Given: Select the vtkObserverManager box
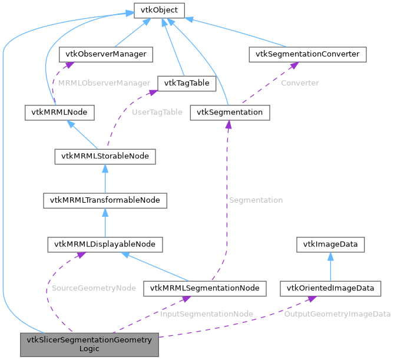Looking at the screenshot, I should [x=107, y=54].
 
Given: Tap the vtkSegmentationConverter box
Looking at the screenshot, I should [x=308, y=54].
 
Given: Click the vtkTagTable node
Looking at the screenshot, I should [x=187, y=83].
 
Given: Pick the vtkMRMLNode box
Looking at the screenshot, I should [x=60, y=112].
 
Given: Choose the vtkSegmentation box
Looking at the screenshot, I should [x=230, y=112].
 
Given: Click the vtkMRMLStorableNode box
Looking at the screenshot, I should [x=105, y=156].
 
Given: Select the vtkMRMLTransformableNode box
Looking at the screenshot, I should [x=105, y=200].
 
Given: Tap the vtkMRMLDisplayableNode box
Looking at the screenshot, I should [x=105, y=243].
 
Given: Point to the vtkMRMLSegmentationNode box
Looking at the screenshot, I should [x=205, y=288].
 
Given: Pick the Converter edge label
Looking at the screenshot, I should [x=300, y=83].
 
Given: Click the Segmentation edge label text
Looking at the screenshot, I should [x=256, y=200].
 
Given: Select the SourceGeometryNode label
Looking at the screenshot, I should [x=94, y=288].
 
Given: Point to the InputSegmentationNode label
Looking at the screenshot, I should [x=207, y=314].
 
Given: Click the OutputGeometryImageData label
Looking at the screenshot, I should [x=337, y=314].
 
